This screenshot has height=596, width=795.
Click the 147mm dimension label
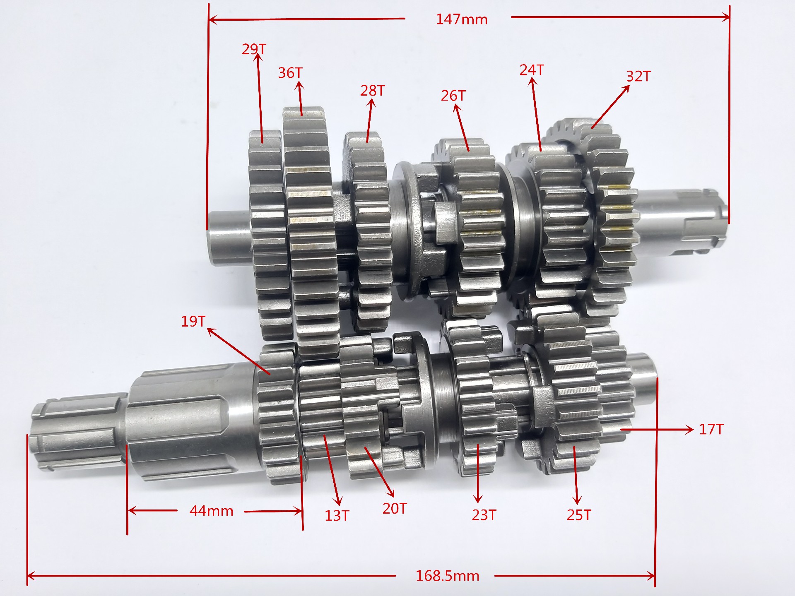click(x=461, y=19)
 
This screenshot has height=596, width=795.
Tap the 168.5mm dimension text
click(x=447, y=576)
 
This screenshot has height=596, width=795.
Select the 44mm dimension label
click(x=211, y=511)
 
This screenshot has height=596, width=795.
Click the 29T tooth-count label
click(x=254, y=49)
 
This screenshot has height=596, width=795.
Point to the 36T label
click(x=290, y=73)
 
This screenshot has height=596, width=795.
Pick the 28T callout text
click(x=372, y=91)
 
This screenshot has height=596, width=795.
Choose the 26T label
click(x=453, y=96)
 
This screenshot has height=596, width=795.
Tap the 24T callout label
click(x=532, y=70)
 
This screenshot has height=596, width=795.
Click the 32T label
click(x=638, y=76)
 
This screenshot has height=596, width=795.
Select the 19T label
click(x=193, y=321)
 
